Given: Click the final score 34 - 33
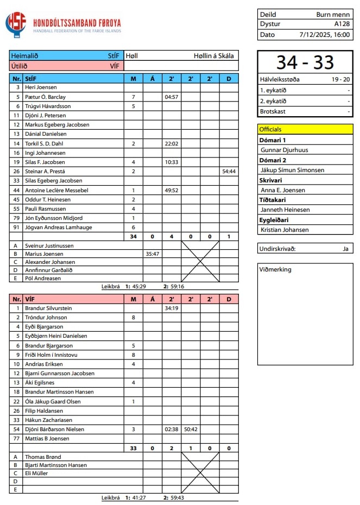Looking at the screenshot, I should pos(305,62).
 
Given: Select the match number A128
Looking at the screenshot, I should pos(342,24).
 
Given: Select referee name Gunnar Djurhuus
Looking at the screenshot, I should pos(285,150).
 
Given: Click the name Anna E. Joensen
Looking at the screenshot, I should pos(283,190).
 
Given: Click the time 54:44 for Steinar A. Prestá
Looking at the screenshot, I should pos(229,171).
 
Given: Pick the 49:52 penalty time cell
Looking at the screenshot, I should pos(171,191).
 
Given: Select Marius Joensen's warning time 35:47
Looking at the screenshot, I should pos(152,254).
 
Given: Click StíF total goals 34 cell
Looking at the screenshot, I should pos(133,236).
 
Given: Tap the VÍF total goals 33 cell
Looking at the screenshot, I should pos(133,448).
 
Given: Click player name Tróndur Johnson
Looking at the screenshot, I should pos(46,318).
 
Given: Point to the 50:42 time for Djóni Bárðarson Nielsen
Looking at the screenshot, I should pos(191,430).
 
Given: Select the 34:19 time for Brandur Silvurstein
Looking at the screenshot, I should pos(171,308).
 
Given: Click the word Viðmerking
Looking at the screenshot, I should pos(275,269).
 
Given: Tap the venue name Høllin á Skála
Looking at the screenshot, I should pos(213,55).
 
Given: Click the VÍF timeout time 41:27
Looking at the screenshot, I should pos(138,497).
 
